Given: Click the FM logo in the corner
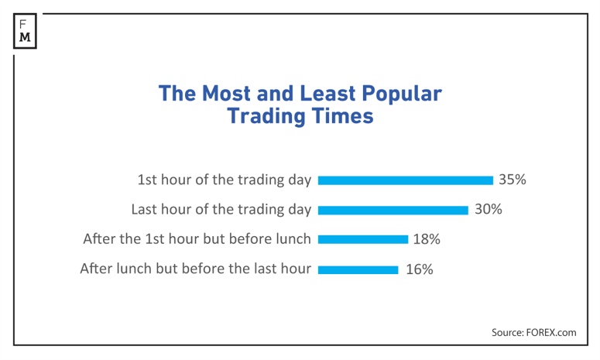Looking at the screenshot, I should point(26,29).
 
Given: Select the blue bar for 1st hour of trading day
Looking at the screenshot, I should point(405,180).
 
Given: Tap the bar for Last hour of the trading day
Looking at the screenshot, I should point(393,210).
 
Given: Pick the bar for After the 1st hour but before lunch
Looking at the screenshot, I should point(362,240).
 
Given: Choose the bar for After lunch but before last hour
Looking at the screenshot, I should point(358,270).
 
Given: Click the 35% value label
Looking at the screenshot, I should point(512,180).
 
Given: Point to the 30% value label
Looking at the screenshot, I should point(488,209).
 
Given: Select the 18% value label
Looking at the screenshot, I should point(427,239).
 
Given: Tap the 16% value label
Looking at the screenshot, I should point(419,269).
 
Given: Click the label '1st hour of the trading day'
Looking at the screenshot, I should point(224,180).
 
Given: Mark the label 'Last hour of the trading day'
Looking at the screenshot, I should point(221,209).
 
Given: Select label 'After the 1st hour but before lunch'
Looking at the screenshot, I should point(197,239).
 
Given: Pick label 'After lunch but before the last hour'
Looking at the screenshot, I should point(195,269).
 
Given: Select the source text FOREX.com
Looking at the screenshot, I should point(553,332).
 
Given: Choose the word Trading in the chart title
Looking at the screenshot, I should point(266,117).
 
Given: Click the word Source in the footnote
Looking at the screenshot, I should point(508,332).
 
